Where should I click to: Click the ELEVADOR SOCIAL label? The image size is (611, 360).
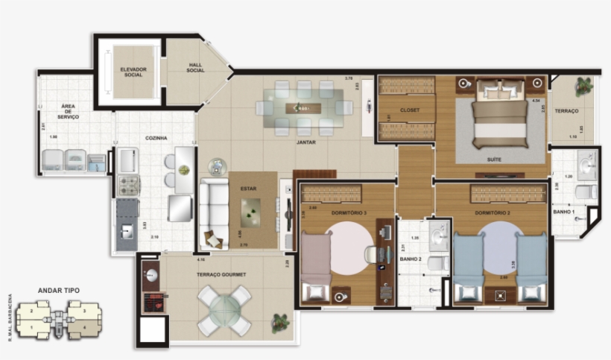point(133,72)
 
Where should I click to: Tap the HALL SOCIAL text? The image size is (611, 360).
point(196,68)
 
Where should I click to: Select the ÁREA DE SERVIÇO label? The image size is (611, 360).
point(70,113)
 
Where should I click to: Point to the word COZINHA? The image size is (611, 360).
point(156,138)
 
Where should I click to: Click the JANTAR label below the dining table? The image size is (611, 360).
point(305,142)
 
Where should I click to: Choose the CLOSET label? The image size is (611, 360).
point(410,110)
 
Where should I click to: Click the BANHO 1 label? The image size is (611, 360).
point(563,212)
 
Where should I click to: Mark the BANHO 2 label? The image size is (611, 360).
point(411,259)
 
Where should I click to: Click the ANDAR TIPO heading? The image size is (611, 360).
point(59,291)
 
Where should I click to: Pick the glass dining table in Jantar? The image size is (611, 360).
point(304,107)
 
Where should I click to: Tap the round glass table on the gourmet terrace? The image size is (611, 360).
point(224,308)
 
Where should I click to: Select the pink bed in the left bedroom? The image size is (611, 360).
point(316,265)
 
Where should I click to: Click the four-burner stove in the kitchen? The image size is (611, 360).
point(127,185)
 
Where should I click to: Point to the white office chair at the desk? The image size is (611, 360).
point(372,254)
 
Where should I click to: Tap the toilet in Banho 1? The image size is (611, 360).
point(586,192)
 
